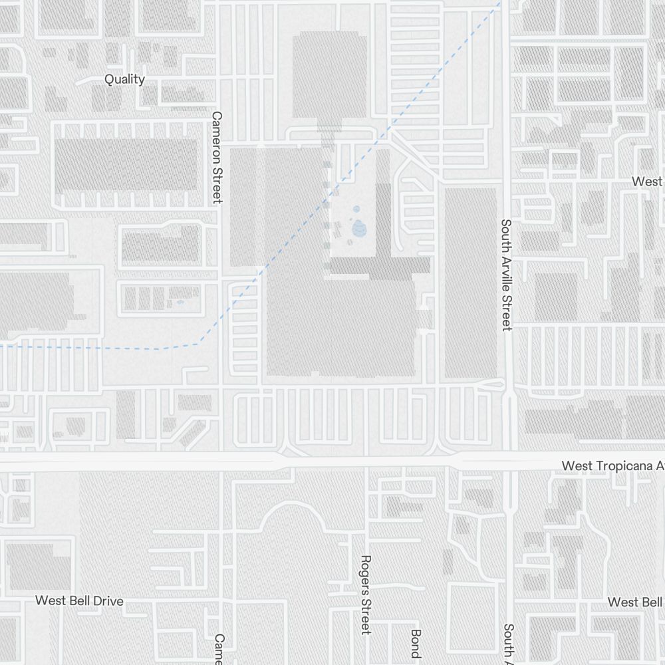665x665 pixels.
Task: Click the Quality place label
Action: [x=124, y=79]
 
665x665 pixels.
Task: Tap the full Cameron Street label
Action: [x=216, y=157]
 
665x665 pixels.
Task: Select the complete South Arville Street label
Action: [x=507, y=275]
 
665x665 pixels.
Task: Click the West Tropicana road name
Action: [x=612, y=465]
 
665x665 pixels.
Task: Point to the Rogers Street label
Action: [x=365, y=595]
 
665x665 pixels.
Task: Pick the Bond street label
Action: [x=416, y=643]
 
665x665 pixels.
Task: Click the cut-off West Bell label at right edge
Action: [x=635, y=602]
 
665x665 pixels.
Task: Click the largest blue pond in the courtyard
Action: [x=359, y=229]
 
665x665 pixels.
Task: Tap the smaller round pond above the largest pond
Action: [x=356, y=209]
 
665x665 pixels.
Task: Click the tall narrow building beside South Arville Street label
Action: [x=470, y=283]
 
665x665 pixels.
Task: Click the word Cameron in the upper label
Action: [x=216, y=139]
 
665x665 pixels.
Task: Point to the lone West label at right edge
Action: [x=646, y=182]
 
